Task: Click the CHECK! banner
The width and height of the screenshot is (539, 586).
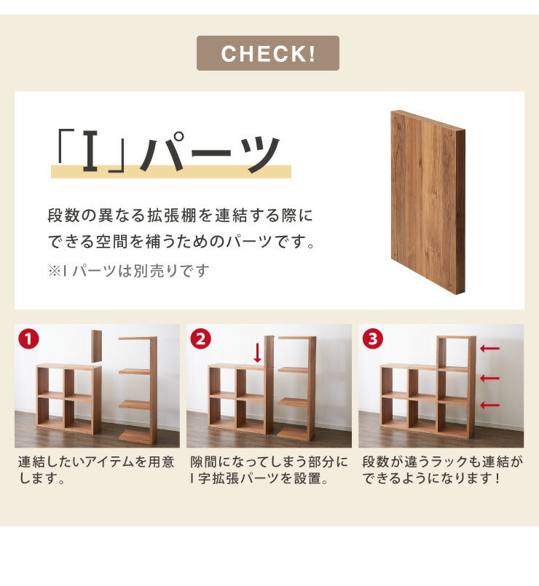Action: click(x=268, y=53)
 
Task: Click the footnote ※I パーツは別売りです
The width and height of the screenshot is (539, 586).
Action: click(x=129, y=271)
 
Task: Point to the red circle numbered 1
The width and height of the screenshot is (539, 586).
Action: click(x=28, y=338)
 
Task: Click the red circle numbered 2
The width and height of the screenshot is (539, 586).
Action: click(x=200, y=338)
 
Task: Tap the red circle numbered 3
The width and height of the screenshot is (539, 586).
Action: click(x=371, y=338)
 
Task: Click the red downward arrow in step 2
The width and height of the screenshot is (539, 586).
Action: click(x=257, y=353)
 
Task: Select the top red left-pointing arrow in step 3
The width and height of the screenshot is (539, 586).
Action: click(x=490, y=349)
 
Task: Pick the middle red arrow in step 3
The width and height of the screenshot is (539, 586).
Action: click(x=490, y=378)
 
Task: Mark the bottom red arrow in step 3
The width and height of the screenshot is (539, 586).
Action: click(x=490, y=405)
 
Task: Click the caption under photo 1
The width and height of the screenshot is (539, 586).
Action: click(x=96, y=470)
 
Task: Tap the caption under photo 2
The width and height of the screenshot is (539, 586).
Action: click(x=269, y=470)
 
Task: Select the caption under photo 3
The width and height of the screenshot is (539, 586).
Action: click(x=442, y=470)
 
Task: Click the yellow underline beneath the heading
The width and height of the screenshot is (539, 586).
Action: click(x=170, y=173)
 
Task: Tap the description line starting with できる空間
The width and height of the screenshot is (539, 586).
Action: click(x=182, y=241)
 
